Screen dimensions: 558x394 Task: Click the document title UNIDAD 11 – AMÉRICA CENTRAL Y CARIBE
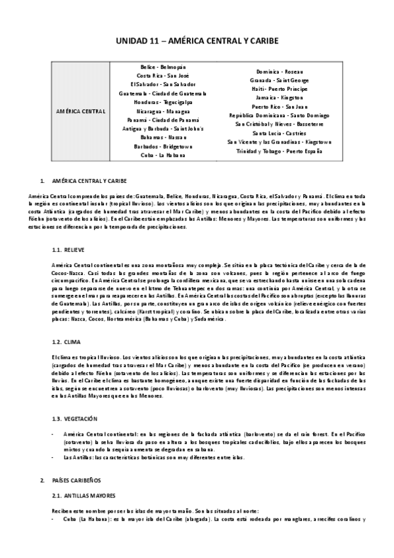click(197, 41)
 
